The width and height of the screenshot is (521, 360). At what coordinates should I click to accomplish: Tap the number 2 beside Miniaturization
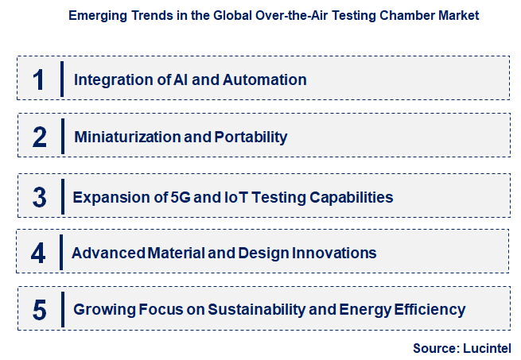40,137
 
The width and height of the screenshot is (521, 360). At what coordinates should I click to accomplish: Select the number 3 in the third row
40,196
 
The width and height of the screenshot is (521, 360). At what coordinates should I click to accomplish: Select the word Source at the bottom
433,348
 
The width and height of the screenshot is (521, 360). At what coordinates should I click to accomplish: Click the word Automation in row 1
266,79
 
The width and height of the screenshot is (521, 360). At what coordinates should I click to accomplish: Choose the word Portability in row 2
251,137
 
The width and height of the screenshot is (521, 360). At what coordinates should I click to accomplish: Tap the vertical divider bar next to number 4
63,253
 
